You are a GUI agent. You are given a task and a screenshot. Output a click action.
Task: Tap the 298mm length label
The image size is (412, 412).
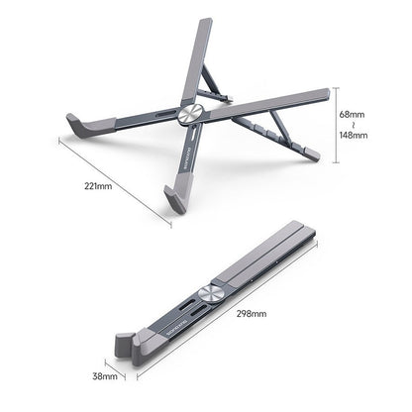click(x=253, y=314)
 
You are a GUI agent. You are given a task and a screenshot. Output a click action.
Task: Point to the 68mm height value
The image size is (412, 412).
click(x=353, y=114)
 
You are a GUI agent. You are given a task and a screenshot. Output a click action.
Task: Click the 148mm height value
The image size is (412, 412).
click(x=353, y=136)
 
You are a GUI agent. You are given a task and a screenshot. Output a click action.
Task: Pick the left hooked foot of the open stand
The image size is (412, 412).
click(x=79, y=127)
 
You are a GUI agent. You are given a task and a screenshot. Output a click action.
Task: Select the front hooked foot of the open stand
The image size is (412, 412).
click(x=178, y=195)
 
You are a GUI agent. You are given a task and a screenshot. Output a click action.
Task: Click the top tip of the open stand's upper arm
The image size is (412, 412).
click(x=205, y=22)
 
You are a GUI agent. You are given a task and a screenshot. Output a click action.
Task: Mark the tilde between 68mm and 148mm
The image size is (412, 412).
click(x=353, y=125)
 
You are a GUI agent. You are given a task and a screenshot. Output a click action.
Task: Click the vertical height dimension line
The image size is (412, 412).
click(x=333, y=124)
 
